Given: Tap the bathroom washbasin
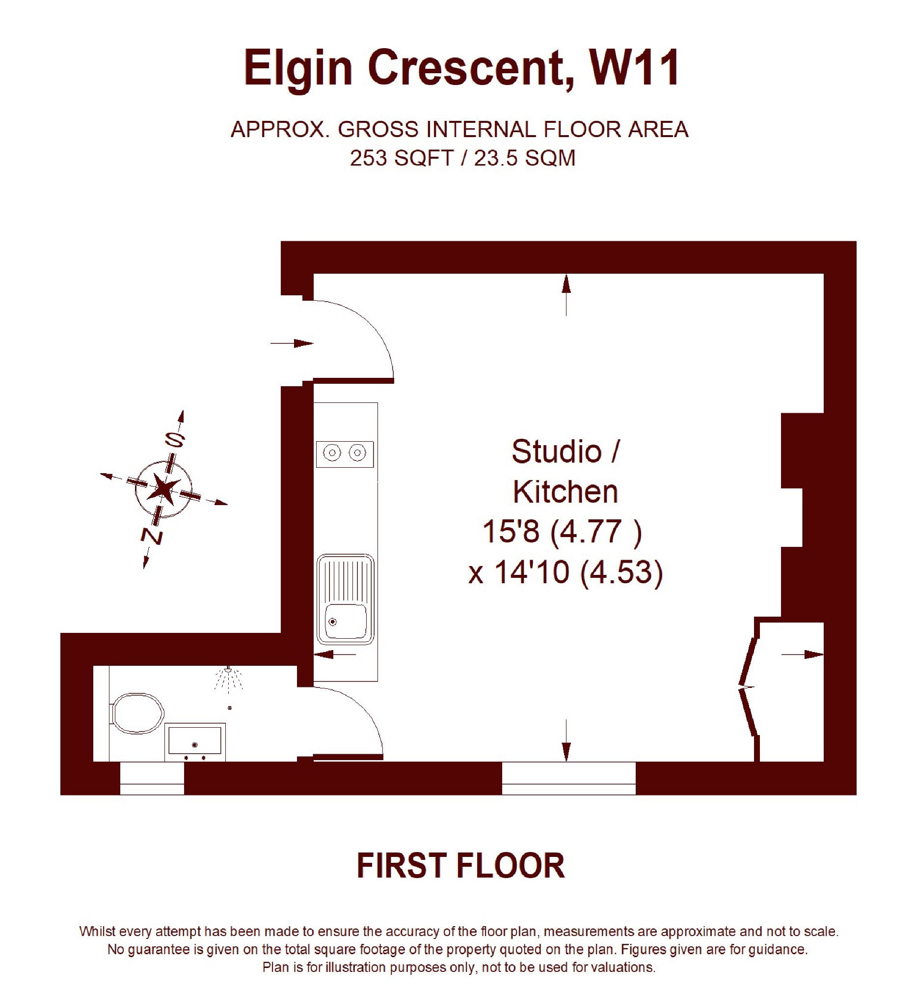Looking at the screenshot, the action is click(x=195, y=741).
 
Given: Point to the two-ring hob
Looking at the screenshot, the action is click(x=345, y=454).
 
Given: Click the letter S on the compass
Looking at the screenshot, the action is click(x=175, y=439).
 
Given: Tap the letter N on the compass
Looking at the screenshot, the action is click(x=152, y=536).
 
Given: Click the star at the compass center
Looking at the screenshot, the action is click(x=163, y=489).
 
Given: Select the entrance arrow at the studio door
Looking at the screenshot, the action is click(x=292, y=343).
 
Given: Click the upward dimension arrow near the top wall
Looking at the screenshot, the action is click(x=566, y=295).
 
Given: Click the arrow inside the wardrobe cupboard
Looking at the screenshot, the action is click(x=803, y=655).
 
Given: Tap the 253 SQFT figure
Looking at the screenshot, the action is click(x=402, y=158).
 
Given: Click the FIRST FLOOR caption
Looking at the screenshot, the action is click(x=461, y=866).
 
